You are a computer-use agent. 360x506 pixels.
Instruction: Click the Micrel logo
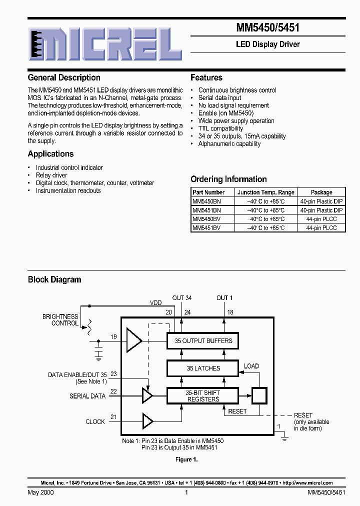(104, 48)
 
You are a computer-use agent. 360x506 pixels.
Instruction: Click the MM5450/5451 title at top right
(268, 28)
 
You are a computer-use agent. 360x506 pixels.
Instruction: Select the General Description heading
(64, 77)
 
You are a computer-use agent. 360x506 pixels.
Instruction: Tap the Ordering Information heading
(228, 179)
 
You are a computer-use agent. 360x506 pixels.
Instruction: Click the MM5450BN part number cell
(206, 201)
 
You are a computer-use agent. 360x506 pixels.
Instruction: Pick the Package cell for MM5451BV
(321, 227)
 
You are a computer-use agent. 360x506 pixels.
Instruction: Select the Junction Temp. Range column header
(266, 192)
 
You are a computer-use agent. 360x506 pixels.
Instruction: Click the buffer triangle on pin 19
(133, 341)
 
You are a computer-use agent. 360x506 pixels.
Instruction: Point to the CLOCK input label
(95, 421)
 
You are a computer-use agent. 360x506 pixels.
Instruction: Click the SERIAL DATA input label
(87, 396)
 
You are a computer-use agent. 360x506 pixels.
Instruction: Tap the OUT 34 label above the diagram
(182, 298)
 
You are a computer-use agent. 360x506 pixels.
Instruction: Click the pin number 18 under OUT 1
(230, 312)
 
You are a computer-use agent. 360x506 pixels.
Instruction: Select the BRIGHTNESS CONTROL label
(60, 320)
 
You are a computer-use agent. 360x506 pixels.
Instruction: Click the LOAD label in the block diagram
(251, 366)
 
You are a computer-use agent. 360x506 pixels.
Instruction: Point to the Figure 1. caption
(187, 459)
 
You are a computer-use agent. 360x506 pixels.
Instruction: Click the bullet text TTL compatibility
(220, 128)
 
